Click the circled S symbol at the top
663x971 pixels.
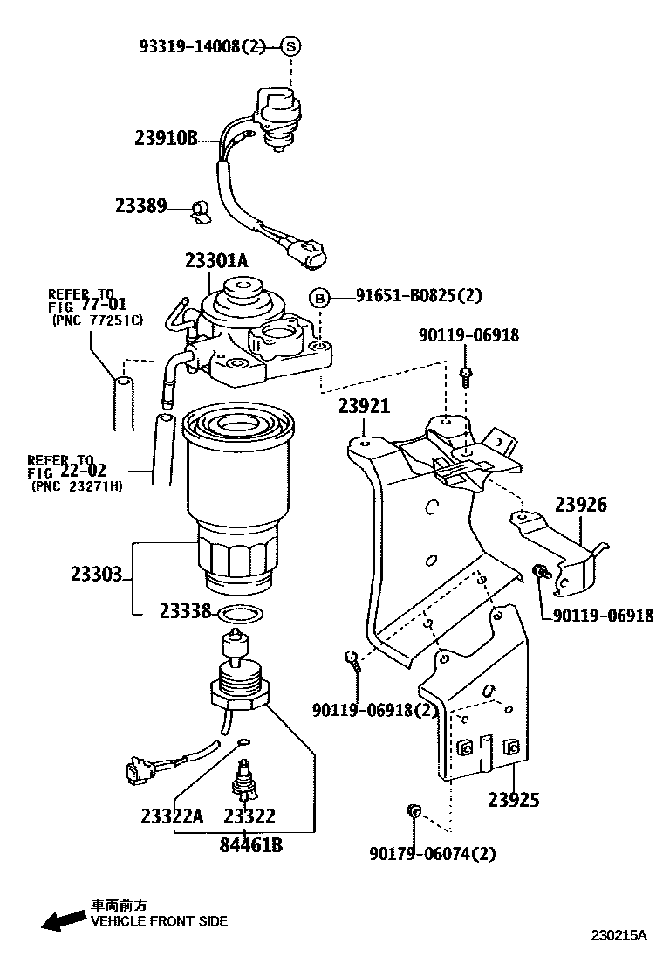pyautogui.click(x=290, y=47)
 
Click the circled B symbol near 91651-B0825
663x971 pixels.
pyautogui.click(x=320, y=297)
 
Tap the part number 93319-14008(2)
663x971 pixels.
pyautogui.click(x=202, y=47)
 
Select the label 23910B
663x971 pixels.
pyautogui.click(x=167, y=137)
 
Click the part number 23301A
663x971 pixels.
pyautogui.click(x=215, y=259)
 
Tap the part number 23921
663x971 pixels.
pyautogui.click(x=364, y=406)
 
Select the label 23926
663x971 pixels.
pyautogui.click(x=581, y=505)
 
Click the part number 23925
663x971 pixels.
pyautogui.click(x=514, y=799)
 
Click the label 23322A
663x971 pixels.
pyautogui.click(x=171, y=816)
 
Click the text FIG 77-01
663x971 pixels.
pyautogui.click(x=86, y=306)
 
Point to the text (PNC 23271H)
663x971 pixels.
pyautogui.click(x=76, y=485)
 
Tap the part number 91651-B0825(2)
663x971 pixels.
pyautogui.click(x=418, y=296)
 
